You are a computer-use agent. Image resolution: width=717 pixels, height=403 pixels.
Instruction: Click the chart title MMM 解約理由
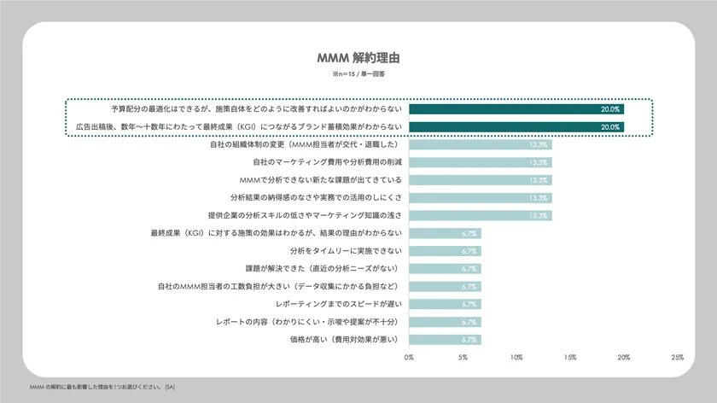(358, 59)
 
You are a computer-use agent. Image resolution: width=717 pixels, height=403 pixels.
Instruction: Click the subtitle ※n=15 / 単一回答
(358, 75)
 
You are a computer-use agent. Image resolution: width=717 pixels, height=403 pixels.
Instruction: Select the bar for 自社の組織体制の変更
(480, 144)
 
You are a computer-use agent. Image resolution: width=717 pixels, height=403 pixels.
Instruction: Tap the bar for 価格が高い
(445, 339)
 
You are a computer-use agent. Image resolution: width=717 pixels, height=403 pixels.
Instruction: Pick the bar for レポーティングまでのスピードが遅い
(445, 304)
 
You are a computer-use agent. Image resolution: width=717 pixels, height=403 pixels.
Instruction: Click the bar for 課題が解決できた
(445, 268)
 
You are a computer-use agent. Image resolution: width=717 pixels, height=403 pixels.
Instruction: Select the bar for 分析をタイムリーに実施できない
(445, 251)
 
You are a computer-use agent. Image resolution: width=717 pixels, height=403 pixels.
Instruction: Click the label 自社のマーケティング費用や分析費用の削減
(328, 162)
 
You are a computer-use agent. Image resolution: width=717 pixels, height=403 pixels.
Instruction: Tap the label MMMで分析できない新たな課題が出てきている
(323, 180)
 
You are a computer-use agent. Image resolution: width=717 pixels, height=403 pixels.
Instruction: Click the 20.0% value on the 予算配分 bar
(610, 109)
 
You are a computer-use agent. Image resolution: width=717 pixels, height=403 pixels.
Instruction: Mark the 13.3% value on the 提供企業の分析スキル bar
(539, 215)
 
